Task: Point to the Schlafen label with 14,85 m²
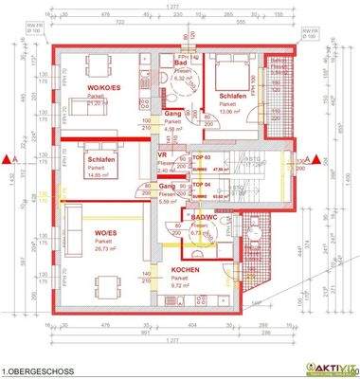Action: (99, 160)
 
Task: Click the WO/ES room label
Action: (106, 232)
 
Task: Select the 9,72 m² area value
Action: (184, 283)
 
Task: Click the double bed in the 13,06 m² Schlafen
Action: (230, 69)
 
